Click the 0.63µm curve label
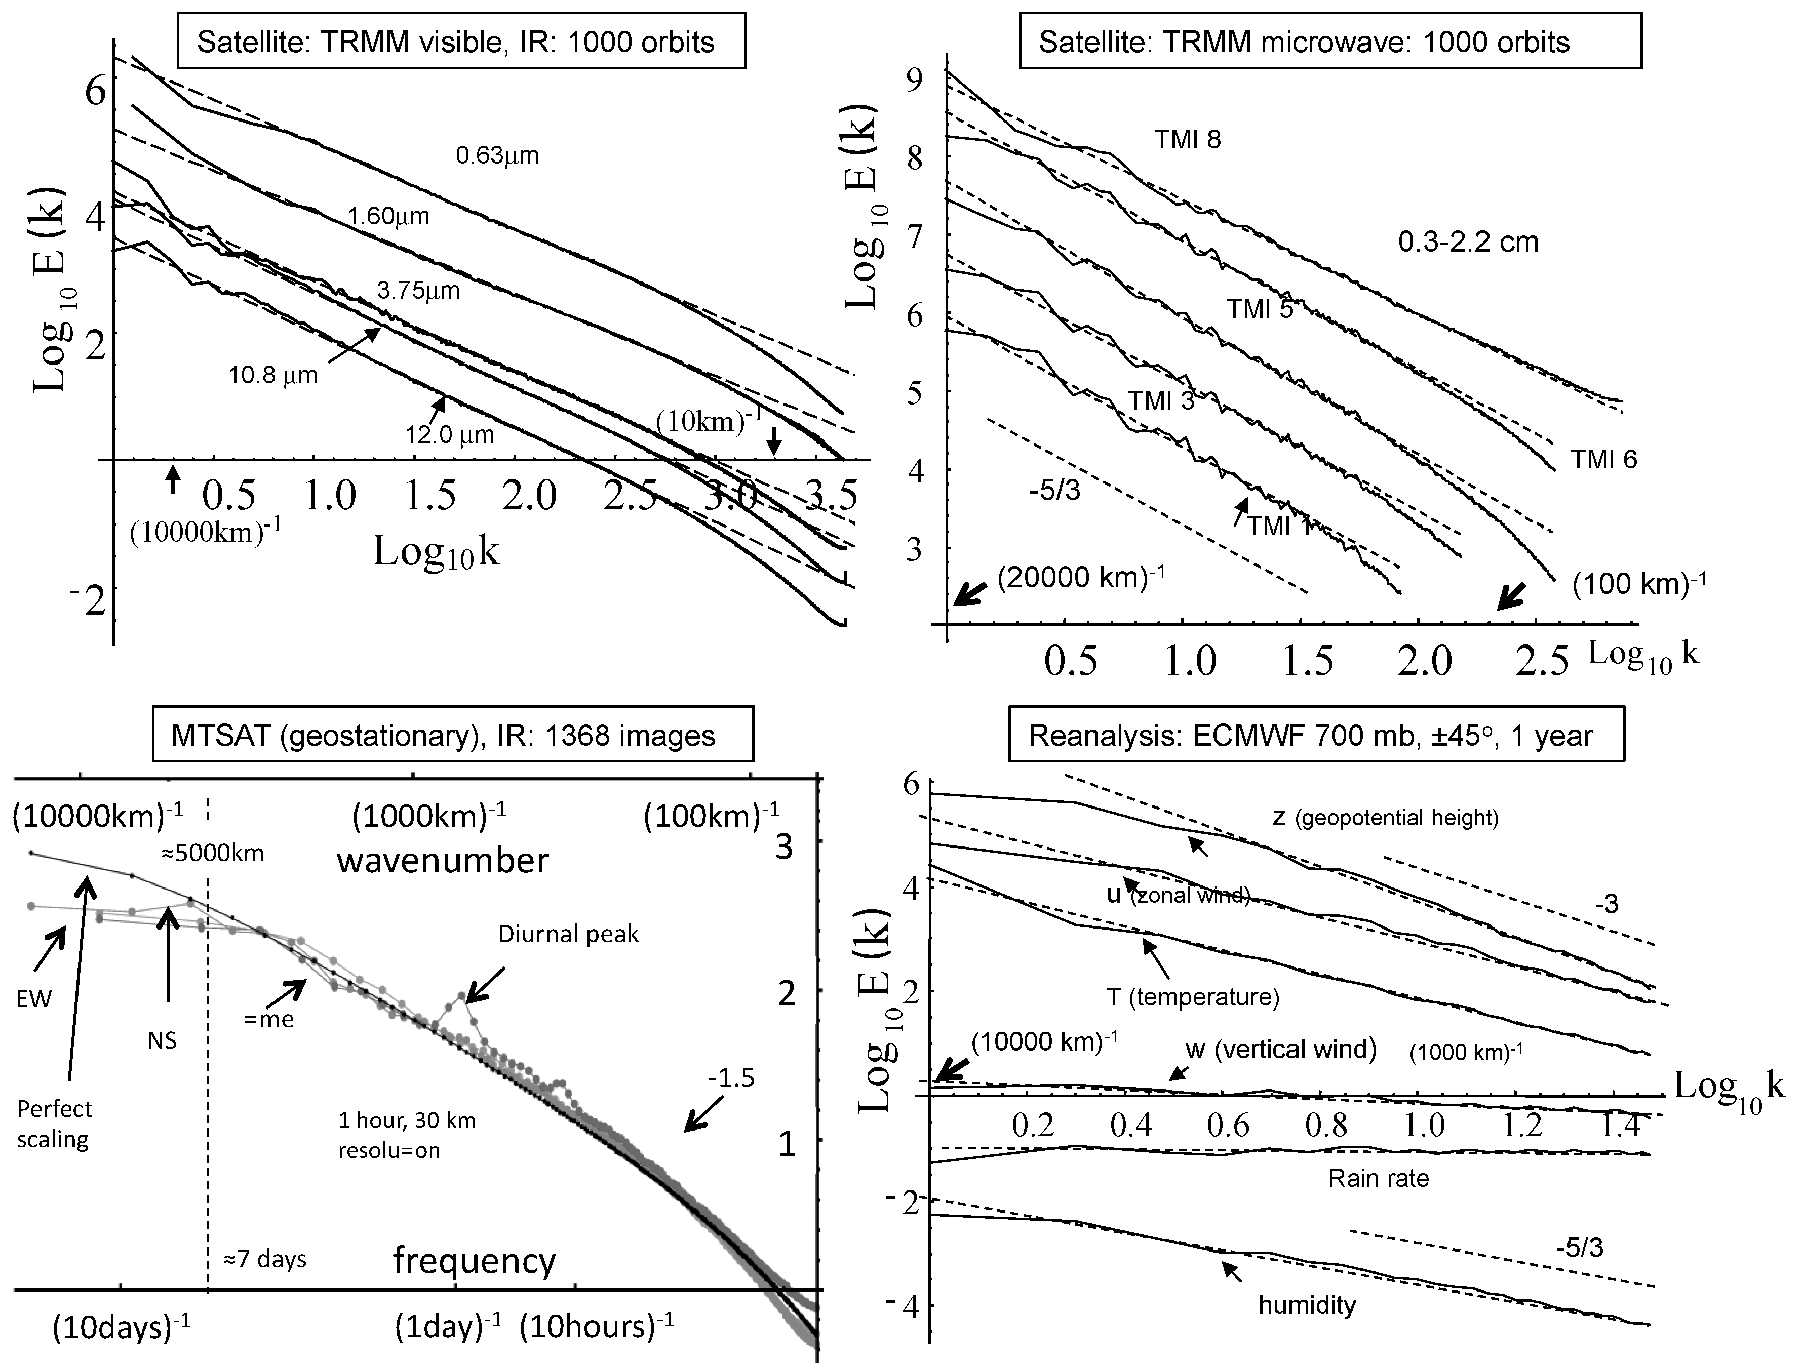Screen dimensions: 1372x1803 (x=497, y=155)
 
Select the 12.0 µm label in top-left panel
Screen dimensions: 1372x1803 (x=450, y=434)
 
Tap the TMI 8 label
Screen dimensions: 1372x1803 (x=1187, y=140)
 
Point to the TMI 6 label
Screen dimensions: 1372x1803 (x=1603, y=460)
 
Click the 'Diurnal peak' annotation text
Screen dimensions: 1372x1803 (x=569, y=934)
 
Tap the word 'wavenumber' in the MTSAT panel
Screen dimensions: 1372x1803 (x=443, y=860)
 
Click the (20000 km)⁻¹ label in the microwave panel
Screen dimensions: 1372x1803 (x=1080, y=577)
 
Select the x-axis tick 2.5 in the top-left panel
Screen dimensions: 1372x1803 (x=630, y=496)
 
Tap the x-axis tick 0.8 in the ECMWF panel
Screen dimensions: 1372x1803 (x=1327, y=1126)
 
